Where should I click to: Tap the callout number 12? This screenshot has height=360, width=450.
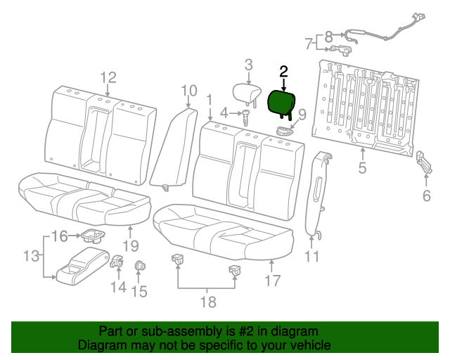point(108,77)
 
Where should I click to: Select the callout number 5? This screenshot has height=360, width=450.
point(362,167)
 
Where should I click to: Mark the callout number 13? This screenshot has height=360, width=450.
point(31,256)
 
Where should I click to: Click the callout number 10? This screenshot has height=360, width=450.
point(189,90)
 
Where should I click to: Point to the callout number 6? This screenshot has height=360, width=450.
point(427,195)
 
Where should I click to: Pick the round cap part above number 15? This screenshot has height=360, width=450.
point(139,266)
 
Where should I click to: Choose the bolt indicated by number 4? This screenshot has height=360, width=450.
point(247,117)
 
